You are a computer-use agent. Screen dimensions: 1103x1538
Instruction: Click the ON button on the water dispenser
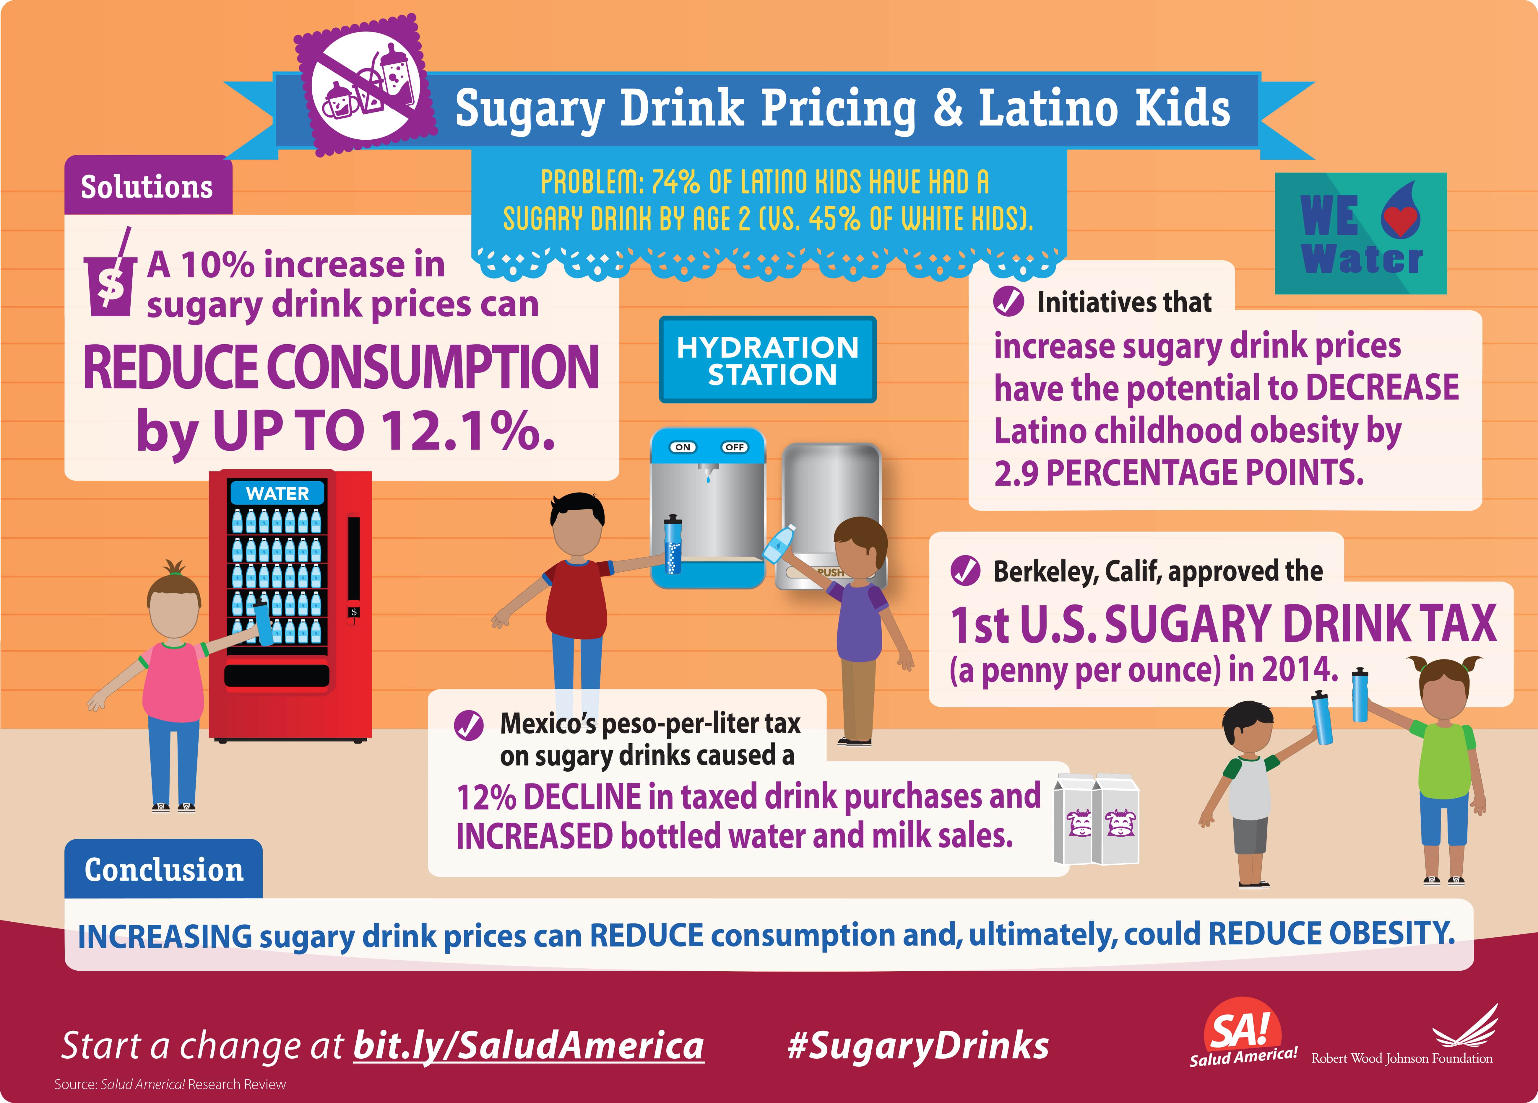(x=683, y=447)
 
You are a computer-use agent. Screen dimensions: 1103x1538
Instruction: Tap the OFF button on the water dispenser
(x=734, y=447)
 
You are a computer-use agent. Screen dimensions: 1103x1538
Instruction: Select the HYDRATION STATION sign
(x=768, y=360)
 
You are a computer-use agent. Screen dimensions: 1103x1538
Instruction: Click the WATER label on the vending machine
(x=277, y=493)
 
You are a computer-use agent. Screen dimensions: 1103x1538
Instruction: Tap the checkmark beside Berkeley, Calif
(x=965, y=571)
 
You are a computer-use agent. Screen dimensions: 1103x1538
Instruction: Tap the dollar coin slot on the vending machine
(x=353, y=612)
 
